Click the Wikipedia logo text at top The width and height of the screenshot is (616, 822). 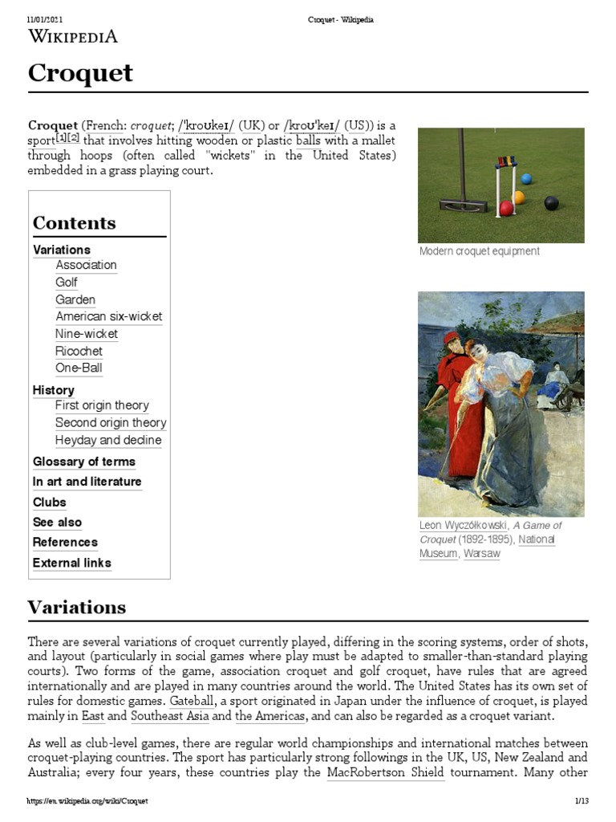[x=73, y=35]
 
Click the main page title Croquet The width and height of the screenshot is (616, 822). [x=80, y=74]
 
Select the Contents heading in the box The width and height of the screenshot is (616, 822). [x=74, y=223]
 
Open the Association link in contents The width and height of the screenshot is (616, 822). [x=86, y=265]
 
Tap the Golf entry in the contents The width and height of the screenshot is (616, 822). [x=67, y=282]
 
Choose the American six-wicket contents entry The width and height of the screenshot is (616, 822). [x=108, y=316]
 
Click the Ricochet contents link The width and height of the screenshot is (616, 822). [x=79, y=351]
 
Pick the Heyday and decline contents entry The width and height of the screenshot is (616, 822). [x=108, y=440]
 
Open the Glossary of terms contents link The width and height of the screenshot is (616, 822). [x=83, y=462]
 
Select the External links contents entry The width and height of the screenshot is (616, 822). [x=71, y=563]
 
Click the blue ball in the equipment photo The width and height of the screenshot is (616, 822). [x=526, y=178]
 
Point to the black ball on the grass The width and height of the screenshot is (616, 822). [x=551, y=203]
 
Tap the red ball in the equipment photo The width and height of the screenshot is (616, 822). [x=507, y=209]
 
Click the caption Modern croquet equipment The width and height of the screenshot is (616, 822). [x=479, y=251]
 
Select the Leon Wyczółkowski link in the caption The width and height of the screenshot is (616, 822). [x=463, y=526]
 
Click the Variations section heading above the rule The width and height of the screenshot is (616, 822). [x=76, y=607]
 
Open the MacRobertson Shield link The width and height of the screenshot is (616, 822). [x=385, y=773]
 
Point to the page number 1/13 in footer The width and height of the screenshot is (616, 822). [x=582, y=801]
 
